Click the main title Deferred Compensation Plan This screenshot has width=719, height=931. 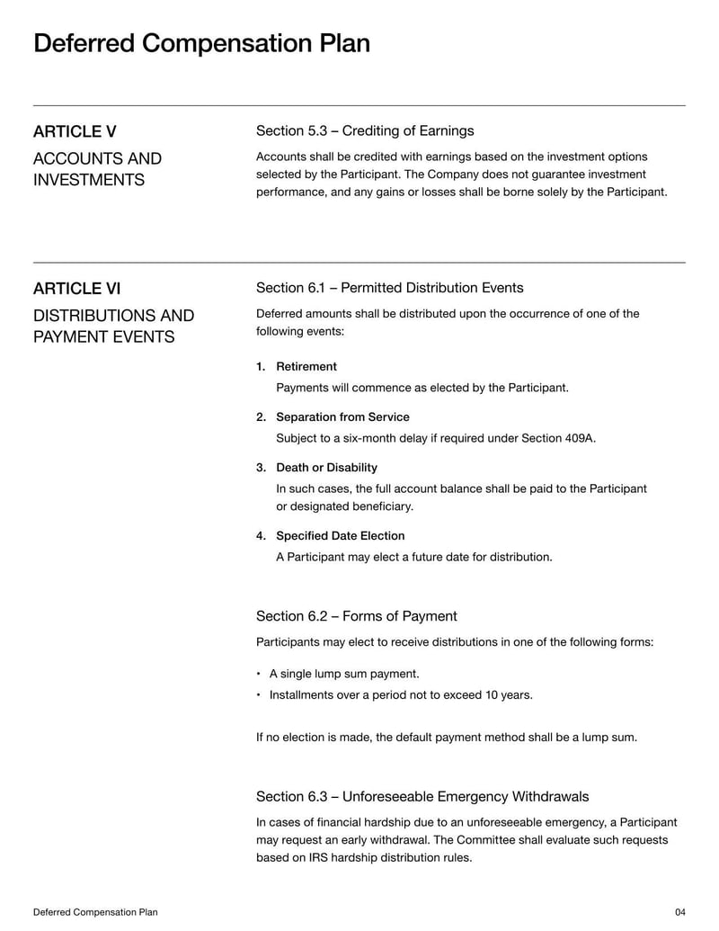tap(201, 43)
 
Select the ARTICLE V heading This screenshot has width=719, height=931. tap(75, 131)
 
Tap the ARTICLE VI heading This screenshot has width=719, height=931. tap(76, 288)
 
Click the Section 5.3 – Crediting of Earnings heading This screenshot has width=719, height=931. tap(365, 131)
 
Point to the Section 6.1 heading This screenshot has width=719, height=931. tap(389, 288)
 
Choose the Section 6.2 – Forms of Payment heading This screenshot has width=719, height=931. tap(356, 616)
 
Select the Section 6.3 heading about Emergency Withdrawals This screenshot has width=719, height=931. tap(422, 796)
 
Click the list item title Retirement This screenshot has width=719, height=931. tap(306, 367)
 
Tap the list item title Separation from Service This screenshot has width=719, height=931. tap(342, 417)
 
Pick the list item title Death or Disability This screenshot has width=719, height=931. tap(326, 468)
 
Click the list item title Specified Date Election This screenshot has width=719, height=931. tap(340, 536)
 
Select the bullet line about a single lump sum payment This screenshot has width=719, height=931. tap(344, 674)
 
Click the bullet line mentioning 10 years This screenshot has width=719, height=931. tap(401, 694)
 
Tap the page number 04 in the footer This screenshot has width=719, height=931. tap(679, 912)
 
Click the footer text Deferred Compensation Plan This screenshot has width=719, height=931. tap(95, 912)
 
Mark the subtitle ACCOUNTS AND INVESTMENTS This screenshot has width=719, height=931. tap(97, 169)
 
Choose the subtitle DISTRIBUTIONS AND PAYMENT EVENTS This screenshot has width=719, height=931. tap(113, 327)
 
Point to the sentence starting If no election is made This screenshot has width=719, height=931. tap(447, 738)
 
